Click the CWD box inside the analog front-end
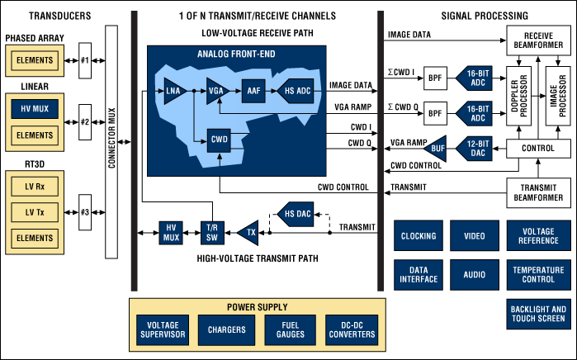pos(218,140)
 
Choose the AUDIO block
pos(474,274)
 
